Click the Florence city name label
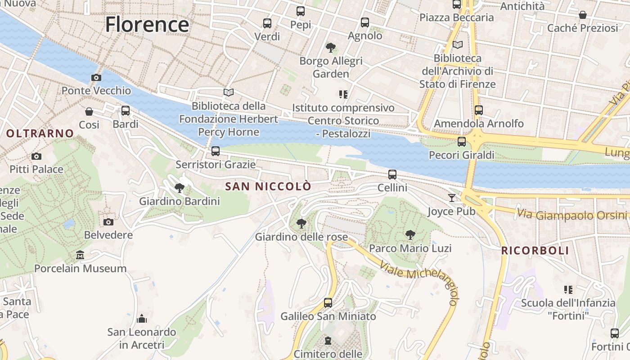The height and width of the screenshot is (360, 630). [x=147, y=24]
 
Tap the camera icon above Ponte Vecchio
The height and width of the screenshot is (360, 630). [x=96, y=77]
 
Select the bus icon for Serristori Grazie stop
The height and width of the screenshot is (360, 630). [x=216, y=151]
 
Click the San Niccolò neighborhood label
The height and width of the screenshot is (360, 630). [x=268, y=186]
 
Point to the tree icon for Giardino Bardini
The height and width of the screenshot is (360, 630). [x=180, y=188]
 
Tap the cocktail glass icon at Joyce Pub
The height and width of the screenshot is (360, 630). [x=452, y=198]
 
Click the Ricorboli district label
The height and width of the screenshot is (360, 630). [x=535, y=251]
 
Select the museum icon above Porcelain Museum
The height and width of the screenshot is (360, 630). [x=80, y=255]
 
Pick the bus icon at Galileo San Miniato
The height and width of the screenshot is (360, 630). [x=328, y=303]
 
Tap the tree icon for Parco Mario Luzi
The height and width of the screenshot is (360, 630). [x=410, y=234]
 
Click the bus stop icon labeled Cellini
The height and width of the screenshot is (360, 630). [x=392, y=175]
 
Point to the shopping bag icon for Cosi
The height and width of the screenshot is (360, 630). [x=89, y=111]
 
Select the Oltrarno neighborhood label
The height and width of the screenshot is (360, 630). [x=40, y=133]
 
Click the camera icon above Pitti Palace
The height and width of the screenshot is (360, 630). [x=36, y=156]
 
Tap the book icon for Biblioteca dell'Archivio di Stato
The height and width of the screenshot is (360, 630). [x=458, y=45]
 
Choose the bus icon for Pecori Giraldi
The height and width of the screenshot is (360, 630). [x=462, y=142]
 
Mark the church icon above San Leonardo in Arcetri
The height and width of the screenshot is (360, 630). [x=142, y=319]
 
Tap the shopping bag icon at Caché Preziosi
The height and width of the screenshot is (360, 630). [x=583, y=15]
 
